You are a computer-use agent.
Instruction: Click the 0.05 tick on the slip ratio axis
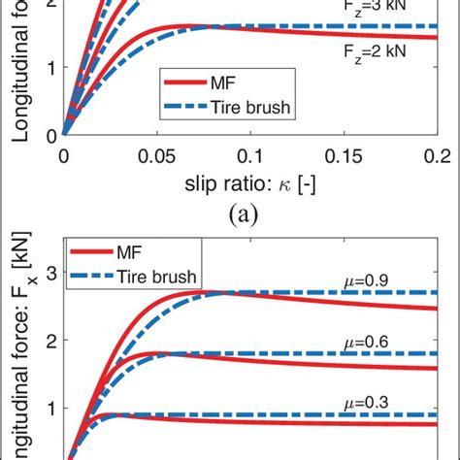155,154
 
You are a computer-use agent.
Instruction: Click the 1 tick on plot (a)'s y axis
48,69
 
